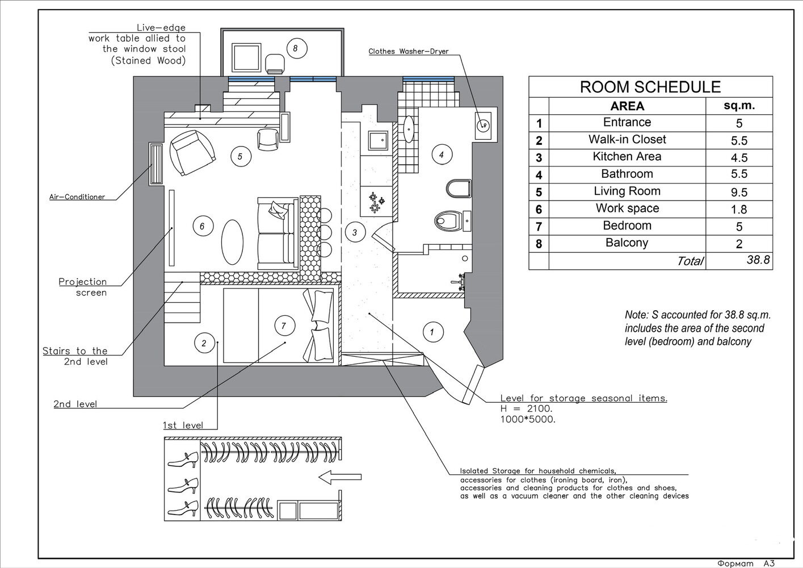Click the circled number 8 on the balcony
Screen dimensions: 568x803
tap(295, 48)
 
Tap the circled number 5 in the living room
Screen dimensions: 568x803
tap(240, 156)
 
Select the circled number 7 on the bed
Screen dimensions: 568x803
tap(283, 326)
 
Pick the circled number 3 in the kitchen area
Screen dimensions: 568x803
tap(355, 232)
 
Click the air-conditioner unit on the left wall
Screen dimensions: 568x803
tap(155, 164)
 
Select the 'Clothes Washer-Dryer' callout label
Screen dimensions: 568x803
tap(408, 52)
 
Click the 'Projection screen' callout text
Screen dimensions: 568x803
tap(83, 287)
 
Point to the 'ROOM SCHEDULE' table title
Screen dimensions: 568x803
tap(650, 87)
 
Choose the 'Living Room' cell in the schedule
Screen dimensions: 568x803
tap(627, 191)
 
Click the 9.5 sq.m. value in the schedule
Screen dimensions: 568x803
tap(739, 193)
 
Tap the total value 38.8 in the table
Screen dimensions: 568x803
tap(758, 260)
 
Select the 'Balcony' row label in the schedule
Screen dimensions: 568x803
tap(627, 243)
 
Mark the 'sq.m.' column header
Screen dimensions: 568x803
tap(739, 106)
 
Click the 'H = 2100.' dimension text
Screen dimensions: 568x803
tap(525, 409)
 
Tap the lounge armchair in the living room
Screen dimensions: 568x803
tap(193, 152)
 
